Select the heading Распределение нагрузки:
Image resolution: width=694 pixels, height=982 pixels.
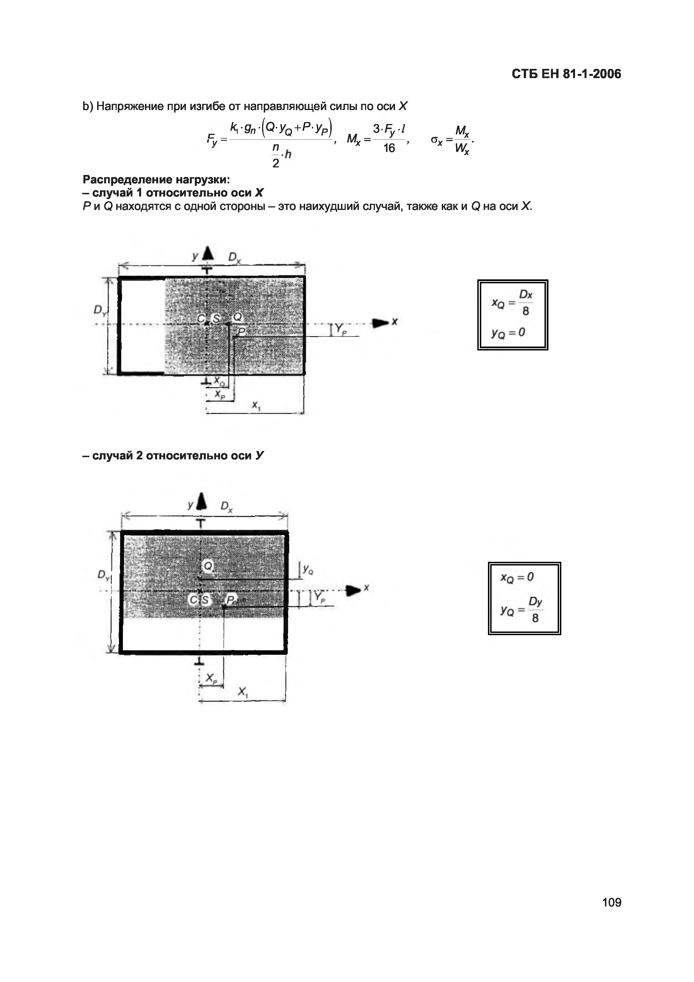(x=156, y=179)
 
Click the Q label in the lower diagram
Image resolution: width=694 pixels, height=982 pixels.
(x=208, y=566)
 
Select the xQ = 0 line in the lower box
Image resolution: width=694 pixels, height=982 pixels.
(x=517, y=577)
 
